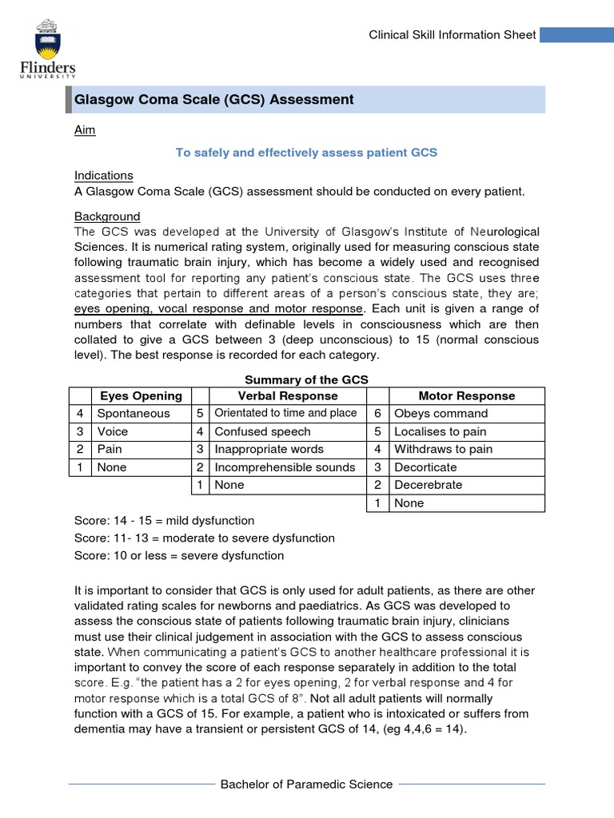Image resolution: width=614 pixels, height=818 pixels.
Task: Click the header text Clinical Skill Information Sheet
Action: tap(452, 35)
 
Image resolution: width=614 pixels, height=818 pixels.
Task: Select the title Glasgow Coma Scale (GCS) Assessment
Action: tap(213, 100)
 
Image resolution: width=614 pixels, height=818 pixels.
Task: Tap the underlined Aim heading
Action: tap(85, 130)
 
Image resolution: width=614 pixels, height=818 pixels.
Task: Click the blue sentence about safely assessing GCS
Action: tap(306, 153)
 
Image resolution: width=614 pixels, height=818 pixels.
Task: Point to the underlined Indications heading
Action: tap(104, 175)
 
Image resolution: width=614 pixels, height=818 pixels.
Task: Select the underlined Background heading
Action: tap(107, 216)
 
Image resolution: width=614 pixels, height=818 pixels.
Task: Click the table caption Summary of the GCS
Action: tap(306, 379)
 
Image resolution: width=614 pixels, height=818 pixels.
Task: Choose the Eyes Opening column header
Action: tap(141, 396)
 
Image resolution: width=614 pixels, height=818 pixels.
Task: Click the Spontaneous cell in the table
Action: tap(134, 414)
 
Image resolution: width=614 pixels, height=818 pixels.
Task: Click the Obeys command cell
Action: tap(441, 414)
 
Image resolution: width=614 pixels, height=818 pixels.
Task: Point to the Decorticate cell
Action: tap(425, 467)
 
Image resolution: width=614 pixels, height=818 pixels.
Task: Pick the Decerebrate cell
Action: tap(428, 485)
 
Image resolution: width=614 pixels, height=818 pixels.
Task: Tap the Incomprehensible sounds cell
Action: tap(285, 467)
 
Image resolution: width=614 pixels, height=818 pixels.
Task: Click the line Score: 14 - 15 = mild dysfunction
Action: tap(164, 521)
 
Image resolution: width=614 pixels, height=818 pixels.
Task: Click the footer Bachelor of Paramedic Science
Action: tap(306, 784)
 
